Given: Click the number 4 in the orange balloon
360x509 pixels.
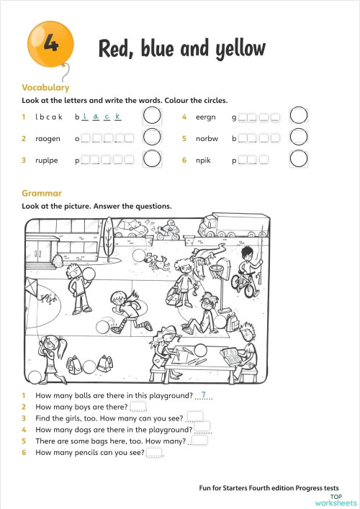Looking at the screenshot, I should point(50,44).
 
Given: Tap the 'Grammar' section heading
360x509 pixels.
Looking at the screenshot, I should point(42,193).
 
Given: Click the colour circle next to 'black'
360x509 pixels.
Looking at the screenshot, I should point(152,115).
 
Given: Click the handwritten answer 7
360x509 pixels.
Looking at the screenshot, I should point(204,394).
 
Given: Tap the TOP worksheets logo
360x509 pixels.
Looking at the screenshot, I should point(342,499).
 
